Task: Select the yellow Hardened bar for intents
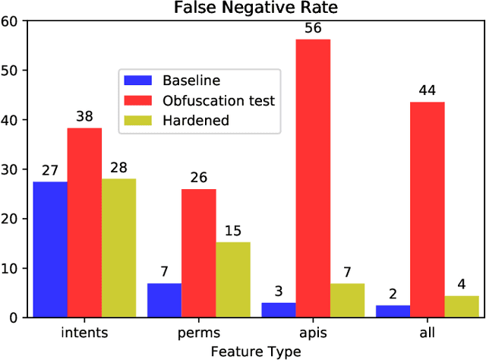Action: pos(118,248)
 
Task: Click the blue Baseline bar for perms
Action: pos(164,300)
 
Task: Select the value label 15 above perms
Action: pos(233,231)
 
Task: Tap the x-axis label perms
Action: pos(198,333)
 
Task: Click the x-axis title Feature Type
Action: pos(255,351)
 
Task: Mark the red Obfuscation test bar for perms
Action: pos(199,253)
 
